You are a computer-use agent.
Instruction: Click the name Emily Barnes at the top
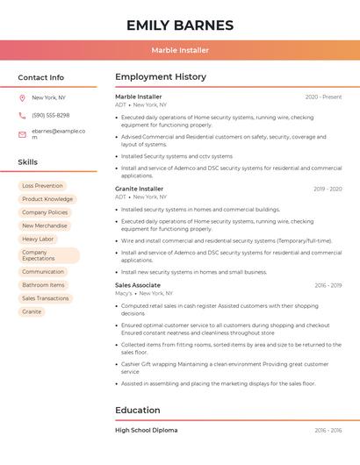pos(180,25)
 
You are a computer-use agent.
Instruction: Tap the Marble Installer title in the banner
pos(180,51)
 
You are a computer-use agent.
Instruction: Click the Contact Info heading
pos(41,77)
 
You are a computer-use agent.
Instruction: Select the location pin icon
pos(22,97)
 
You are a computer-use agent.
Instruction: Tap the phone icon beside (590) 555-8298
pos(22,116)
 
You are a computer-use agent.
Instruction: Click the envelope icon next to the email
pos(22,134)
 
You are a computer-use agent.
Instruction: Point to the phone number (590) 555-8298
pos(50,116)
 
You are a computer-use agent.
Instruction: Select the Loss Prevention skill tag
pos(42,186)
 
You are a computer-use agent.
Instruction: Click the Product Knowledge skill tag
pos(47,199)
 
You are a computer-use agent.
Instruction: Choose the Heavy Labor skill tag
pos(38,239)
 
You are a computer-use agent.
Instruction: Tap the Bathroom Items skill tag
pos(43,285)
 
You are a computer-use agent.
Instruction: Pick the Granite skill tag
pos(32,311)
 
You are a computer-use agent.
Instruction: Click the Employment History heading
pos(161,77)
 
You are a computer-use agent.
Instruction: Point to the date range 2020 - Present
pos(323,97)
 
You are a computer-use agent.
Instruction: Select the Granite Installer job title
pos(139,189)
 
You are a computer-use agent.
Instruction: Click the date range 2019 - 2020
pos(328,189)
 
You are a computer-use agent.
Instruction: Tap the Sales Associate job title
pos(138,285)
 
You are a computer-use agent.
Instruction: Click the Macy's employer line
pos(144,293)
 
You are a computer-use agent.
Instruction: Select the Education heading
pos(138,410)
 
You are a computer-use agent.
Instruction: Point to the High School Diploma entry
pos(146,431)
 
